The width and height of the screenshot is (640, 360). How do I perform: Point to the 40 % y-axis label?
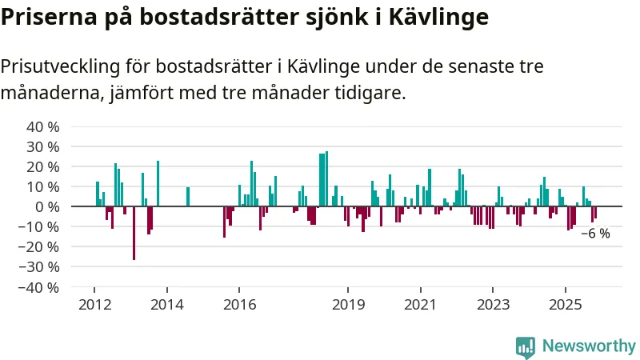[43, 127]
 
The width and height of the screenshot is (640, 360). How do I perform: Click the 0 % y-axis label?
[49, 206]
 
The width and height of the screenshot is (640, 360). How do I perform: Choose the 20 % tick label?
[43, 167]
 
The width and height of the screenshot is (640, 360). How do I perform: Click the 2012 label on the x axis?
[94, 304]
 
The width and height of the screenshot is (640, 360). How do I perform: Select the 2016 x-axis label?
[239, 304]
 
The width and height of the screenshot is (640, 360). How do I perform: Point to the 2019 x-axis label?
[348, 304]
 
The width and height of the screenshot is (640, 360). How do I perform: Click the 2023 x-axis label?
[493, 304]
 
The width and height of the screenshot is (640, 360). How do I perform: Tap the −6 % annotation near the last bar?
[595, 234]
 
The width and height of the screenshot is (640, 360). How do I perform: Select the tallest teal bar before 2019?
[326, 178]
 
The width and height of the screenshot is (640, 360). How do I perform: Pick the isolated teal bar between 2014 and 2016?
[188, 197]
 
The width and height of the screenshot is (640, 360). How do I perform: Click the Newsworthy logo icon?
[526, 346]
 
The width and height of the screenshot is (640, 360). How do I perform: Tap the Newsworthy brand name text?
[589, 346]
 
